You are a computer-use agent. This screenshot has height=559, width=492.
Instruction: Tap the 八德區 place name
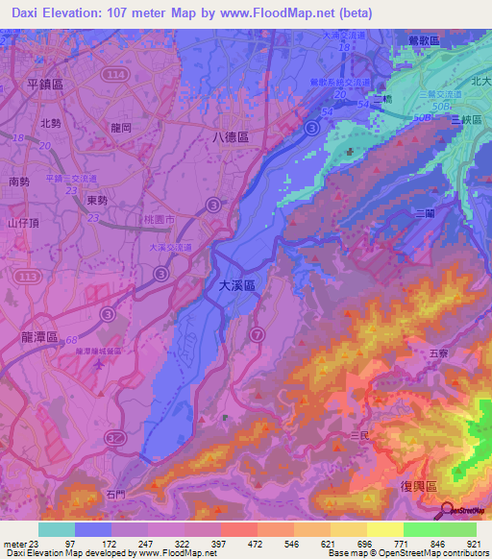(x=231, y=137)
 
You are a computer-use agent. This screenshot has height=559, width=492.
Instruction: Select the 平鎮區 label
(x=45, y=84)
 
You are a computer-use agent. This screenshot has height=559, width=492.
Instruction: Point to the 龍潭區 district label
(x=39, y=337)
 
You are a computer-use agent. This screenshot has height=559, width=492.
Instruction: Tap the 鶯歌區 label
(x=423, y=40)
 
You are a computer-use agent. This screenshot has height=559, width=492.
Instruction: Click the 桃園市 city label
(x=157, y=220)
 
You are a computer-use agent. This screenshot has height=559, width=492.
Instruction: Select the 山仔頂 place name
(x=21, y=222)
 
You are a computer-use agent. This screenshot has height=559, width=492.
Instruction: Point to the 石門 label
(x=116, y=495)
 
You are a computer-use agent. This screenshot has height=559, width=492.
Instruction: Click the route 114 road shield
(x=116, y=74)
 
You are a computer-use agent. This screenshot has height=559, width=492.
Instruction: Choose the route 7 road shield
(x=257, y=333)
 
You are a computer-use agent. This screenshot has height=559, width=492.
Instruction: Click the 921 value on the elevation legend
(x=476, y=544)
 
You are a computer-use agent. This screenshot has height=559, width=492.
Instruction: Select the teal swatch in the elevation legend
(x=57, y=529)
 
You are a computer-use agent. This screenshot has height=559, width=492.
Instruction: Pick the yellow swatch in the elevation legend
(x=384, y=529)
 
